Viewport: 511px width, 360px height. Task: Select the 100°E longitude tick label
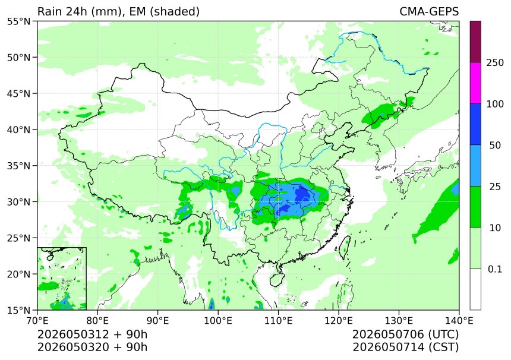click(x=218, y=321)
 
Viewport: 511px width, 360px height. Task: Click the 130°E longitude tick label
click(x=399, y=321)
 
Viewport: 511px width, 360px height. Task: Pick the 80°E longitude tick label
click(x=97, y=321)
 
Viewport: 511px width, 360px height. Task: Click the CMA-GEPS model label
click(x=429, y=11)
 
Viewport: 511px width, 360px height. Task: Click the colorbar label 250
click(x=495, y=62)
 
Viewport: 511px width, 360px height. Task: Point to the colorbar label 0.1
click(x=495, y=269)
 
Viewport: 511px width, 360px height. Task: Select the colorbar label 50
click(x=495, y=146)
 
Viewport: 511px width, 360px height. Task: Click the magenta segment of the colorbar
click(x=475, y=83)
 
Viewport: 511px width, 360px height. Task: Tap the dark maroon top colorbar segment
click(x=475, y=42)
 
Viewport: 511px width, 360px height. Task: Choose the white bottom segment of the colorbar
click(x=475, y=289)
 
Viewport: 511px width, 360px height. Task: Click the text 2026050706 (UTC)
click(x=405, y=334)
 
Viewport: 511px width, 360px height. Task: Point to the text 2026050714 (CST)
click(x=405, y=348)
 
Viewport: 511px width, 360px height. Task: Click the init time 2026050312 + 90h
click(x=92, y=334)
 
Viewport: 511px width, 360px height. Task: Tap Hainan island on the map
click(x=277, y=280)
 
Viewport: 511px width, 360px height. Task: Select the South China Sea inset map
click(x=62, y=278)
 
